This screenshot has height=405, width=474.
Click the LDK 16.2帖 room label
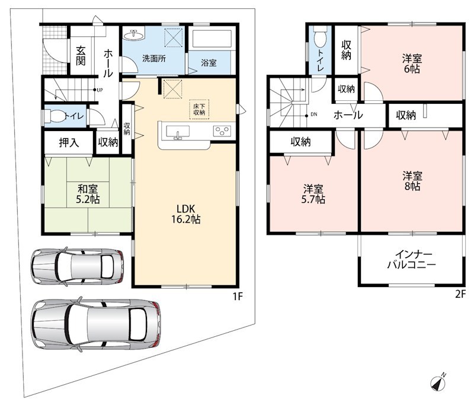tap(186, 214)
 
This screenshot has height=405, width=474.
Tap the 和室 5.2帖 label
tap(88, 194)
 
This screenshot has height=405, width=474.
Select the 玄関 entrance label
tap(81, 56)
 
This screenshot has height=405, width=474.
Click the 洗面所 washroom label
tap(154, 58)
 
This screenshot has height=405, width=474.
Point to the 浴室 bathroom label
tap(209, 63)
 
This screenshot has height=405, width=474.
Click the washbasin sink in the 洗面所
tap(133, 35)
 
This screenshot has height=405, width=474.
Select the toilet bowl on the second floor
tap(321, 37)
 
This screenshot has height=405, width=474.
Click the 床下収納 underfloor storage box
tap(199, 109)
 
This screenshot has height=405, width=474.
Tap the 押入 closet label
tap(69, 142)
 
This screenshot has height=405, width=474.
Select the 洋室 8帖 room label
tap(412, 181)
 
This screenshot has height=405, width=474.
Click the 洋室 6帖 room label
tap(412, 64)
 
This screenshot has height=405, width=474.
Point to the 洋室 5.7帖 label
tap(313, 194)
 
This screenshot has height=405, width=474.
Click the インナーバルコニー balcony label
tap(412, 260)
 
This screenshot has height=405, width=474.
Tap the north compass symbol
tap(438, 382)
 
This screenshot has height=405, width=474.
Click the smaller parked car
tap(78, 267)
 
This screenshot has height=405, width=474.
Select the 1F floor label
tap(238, 296)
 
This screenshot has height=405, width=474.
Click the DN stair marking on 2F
tap(314, 114)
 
